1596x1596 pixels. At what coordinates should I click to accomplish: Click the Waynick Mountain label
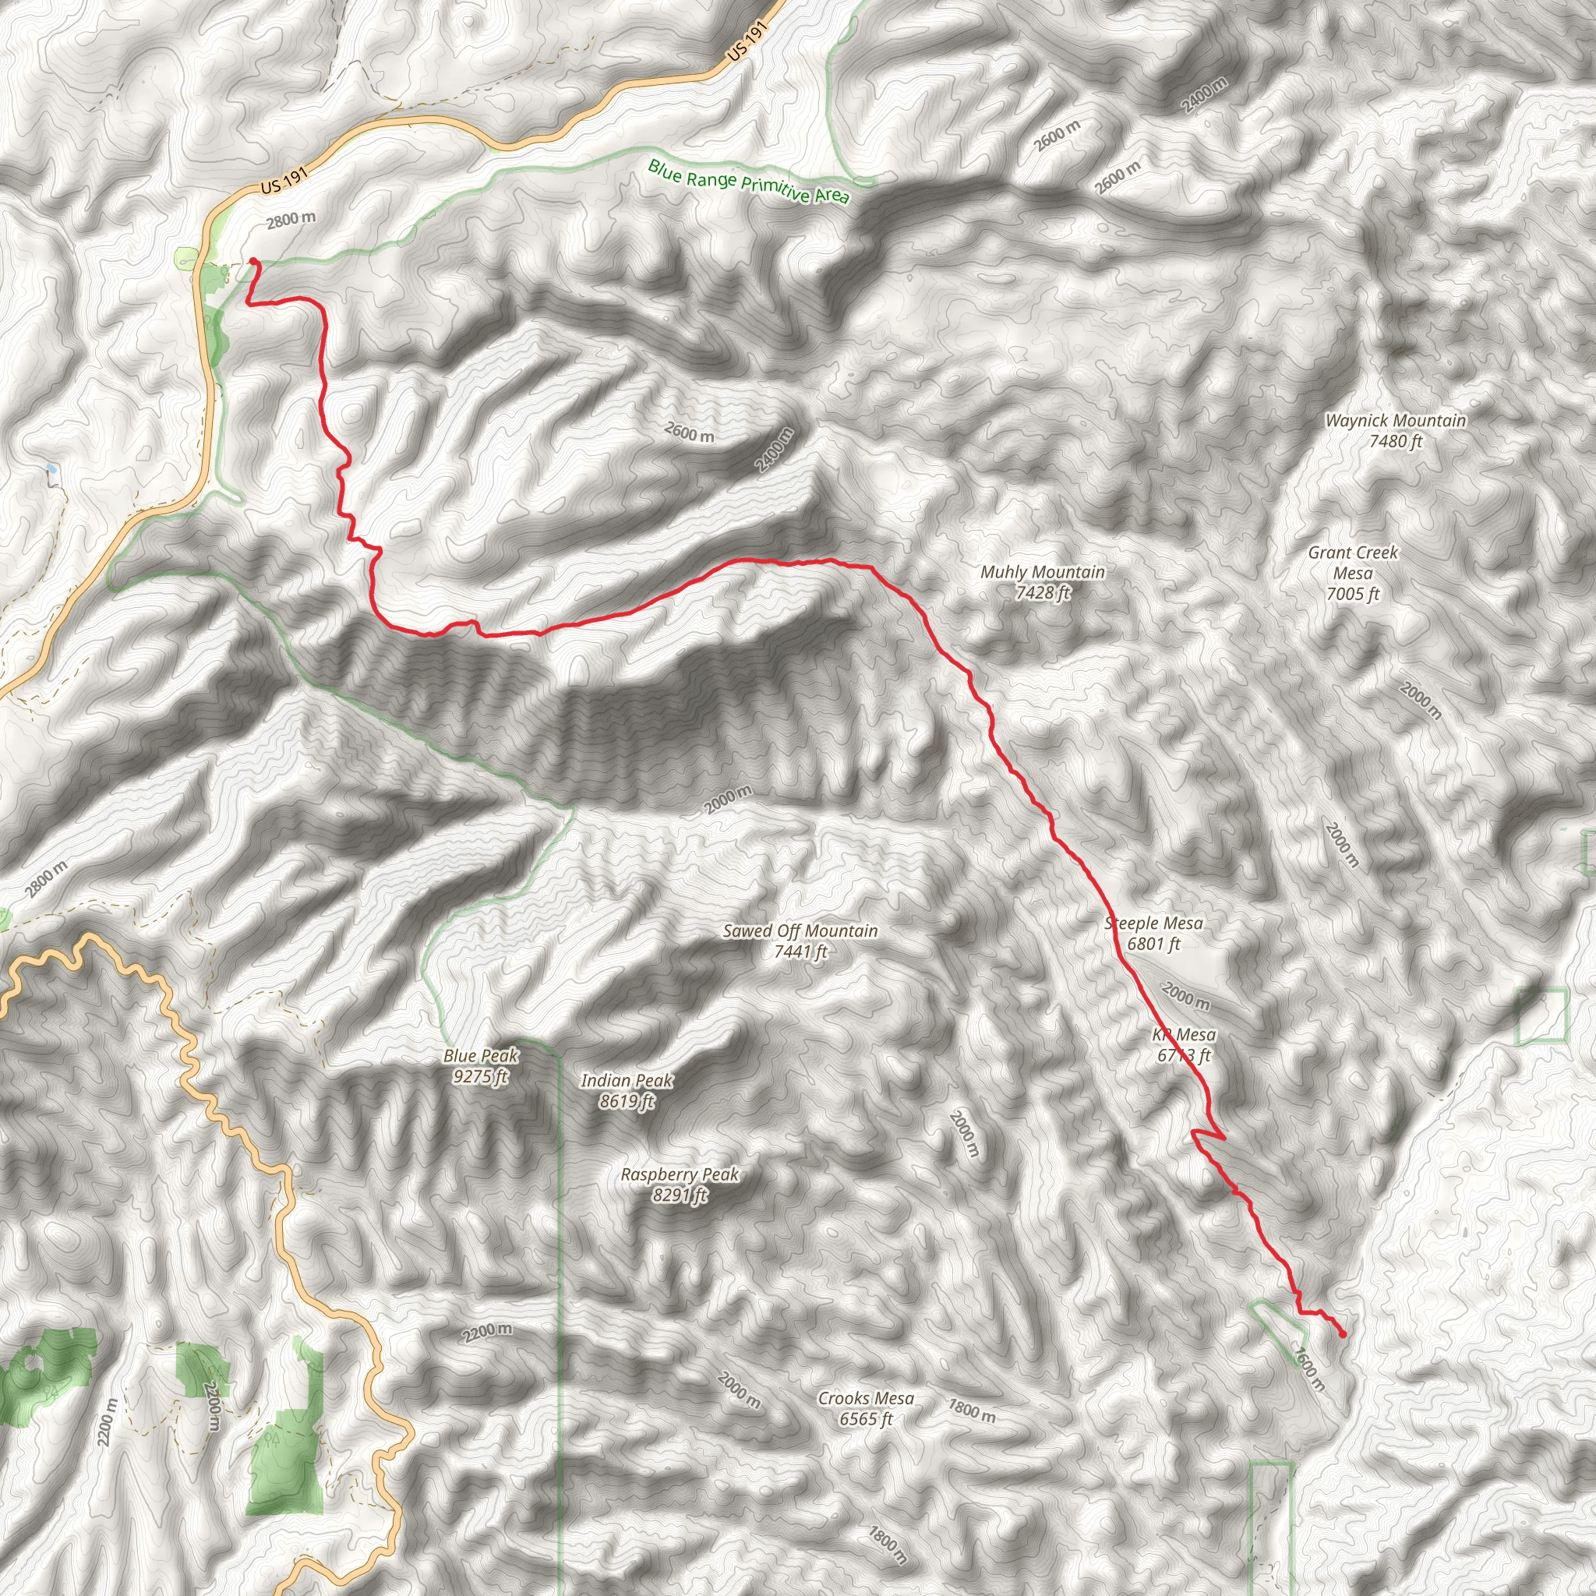(x=1395, y=430)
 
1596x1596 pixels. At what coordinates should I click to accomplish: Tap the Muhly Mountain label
(x=1043, y=581)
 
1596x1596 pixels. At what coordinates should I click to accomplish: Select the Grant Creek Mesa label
(x=1353, y=573)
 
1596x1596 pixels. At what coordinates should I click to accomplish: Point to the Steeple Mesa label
(x=1154, y=934)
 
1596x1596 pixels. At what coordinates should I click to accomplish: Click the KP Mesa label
(x=1184, y=1045)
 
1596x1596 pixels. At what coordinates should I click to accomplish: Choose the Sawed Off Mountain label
(x=800, y=941)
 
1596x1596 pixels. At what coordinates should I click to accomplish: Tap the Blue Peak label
(x=481, y=1065)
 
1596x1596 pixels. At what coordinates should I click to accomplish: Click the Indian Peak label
(x=627, y=1090)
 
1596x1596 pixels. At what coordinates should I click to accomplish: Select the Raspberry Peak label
(x=680, y=1185)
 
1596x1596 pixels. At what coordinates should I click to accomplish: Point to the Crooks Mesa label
(x=866, y=1408)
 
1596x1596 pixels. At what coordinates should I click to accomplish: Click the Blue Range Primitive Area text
(x=748, y=181)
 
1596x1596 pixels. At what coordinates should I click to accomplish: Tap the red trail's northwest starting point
(x=252, y=262)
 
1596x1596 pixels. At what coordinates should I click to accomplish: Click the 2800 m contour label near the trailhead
(x=291, y=220)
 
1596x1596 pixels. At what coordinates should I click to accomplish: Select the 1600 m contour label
(x=1309, y=1368)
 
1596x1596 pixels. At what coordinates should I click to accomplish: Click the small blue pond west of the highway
(x=51, y=468)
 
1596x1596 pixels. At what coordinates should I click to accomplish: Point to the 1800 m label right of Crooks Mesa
(x=972, y=1410)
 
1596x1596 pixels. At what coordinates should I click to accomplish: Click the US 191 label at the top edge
(x=749, y=41)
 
